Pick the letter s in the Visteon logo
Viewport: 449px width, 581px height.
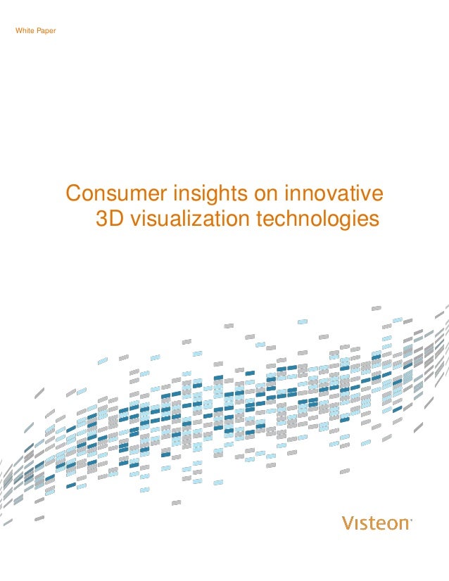tap(363, 524)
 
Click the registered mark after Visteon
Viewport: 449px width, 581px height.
tap(411, 520)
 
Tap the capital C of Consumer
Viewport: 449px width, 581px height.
tap(72, 194)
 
